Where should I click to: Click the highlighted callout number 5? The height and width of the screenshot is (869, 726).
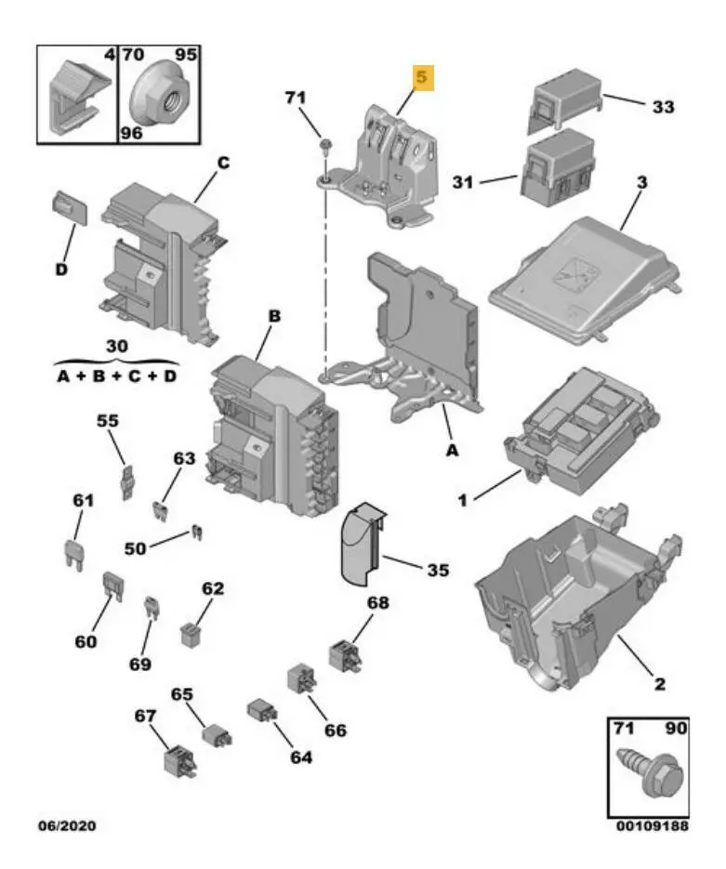tap(423, 78)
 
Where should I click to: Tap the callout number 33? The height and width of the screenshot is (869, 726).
tap(662, 107)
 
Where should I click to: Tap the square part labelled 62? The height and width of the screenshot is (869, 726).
tap(191, 632)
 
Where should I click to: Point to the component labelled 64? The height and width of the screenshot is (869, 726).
tap(258, 713)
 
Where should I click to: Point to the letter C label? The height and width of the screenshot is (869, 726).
tap(223, 164)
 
